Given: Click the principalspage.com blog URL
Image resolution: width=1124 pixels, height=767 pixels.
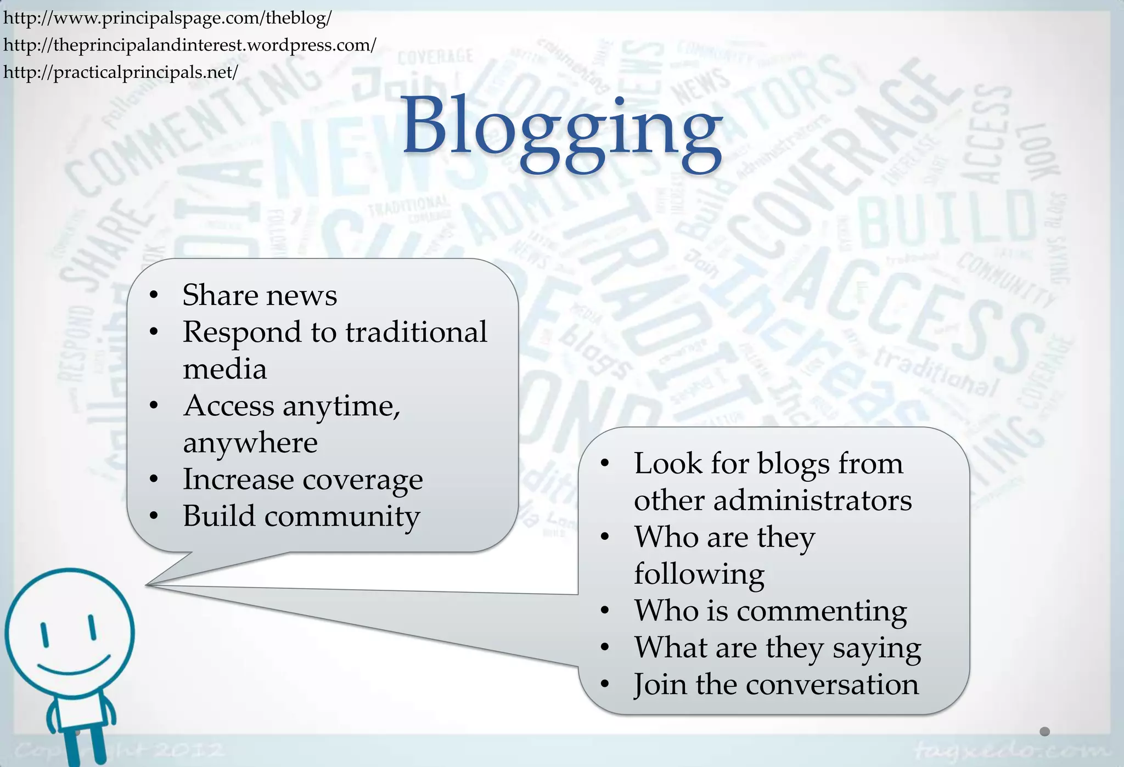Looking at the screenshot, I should [167, 18].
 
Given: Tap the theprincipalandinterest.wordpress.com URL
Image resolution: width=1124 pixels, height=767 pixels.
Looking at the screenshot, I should [190, 45].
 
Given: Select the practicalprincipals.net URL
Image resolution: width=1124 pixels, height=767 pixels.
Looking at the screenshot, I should [121, 72].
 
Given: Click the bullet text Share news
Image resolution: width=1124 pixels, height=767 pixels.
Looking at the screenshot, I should [260, 295].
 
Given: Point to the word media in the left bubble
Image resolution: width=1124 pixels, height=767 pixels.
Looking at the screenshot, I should [225, 369].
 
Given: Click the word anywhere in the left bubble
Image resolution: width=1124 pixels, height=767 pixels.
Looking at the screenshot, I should [250, 442].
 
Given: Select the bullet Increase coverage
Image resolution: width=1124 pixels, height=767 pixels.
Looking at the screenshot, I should [302, 480].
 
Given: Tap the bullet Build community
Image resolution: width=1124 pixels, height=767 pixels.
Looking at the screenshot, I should [301, 516].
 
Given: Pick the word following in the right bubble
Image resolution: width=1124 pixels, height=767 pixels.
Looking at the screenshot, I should [699, 574].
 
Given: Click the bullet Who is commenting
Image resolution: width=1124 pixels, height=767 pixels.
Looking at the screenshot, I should [771, 611].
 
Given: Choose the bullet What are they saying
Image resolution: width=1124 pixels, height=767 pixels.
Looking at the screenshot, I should [778, 647].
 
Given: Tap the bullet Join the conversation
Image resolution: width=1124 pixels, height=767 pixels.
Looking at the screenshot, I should [776, 684].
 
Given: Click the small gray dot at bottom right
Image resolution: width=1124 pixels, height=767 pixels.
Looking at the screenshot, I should [1044, 731].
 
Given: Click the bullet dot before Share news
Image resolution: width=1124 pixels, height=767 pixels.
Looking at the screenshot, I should [154, 296].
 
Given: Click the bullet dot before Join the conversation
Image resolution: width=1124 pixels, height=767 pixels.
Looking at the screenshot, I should [605, 684].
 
